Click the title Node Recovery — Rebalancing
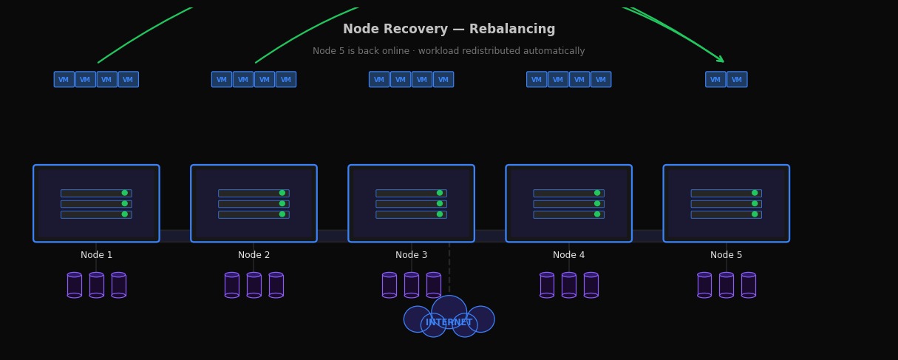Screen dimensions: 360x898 (x=449, y=30)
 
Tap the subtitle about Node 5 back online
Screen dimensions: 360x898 (x=449, y=52)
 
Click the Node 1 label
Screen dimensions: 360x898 (x=97, y=255)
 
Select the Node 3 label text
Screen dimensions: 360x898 (x=411, y=255)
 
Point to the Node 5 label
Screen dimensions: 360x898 (x=726, y=255)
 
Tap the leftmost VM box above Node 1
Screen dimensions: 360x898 (x=64, y=80)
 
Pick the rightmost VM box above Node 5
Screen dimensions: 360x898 (x=737, y=80)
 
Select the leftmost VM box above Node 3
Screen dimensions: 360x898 (x=379, y=80)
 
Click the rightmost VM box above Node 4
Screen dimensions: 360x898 (x=601, y=80)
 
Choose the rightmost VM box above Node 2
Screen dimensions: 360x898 (x=286, y=80)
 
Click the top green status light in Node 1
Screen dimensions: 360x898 (x=125, y=193)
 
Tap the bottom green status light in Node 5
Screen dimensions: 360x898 (x=755, y=214)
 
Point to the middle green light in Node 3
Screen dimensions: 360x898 (x=440, y=203)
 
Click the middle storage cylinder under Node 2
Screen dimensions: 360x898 (x=254, y=285)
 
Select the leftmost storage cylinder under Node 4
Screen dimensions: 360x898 (x=547, y=285)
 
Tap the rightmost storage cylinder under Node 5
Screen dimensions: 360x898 (x=749, y=285)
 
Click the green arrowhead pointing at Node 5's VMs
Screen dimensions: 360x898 (x=720, y=59)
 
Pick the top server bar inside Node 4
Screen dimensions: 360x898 (x=568, y=193)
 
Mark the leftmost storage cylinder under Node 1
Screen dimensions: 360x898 (x=75, y=285)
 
